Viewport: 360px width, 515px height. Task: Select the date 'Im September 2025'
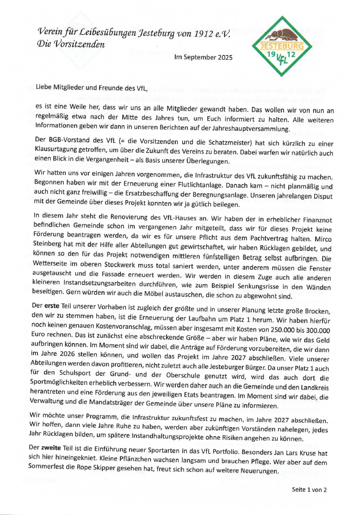[x=204, y=57]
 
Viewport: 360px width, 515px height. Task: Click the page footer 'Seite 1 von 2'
[x=309, y=490]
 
